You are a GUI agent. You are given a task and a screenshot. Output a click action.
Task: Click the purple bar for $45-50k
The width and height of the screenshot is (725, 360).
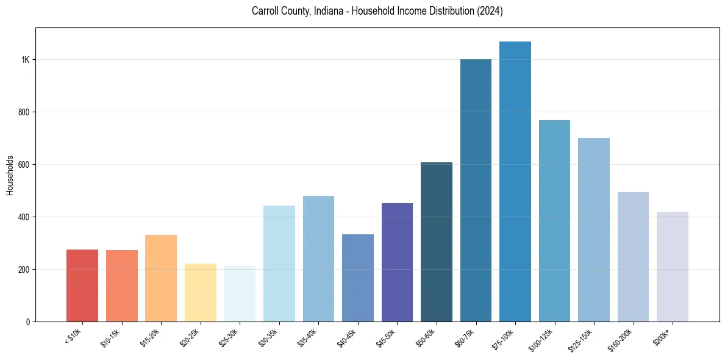pos(397,262)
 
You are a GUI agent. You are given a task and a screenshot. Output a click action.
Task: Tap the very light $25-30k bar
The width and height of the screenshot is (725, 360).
pos(240,293)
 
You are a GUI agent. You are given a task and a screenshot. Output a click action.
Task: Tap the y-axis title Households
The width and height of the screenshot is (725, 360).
pos(10,175)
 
